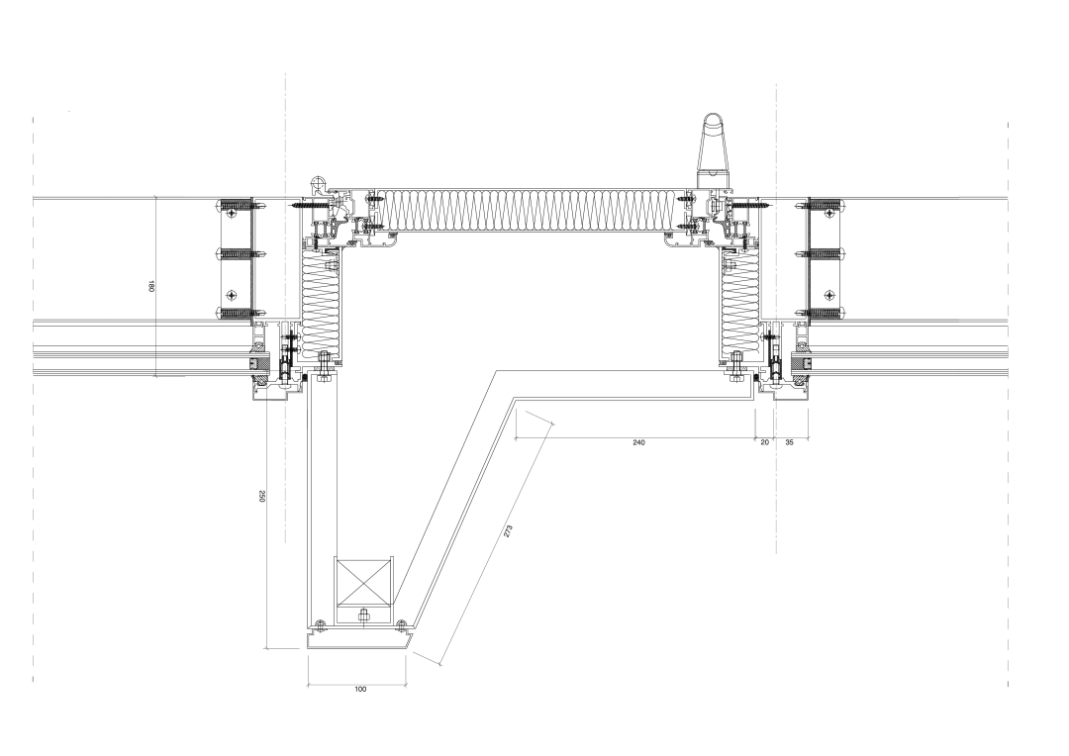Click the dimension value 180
coord(151,286)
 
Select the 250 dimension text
coord(261,497)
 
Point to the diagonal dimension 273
coord(507,531)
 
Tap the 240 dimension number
coord(638,442)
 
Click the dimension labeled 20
coord(764,442)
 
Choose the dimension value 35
coord(790,442)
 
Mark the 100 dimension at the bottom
coord(360,689)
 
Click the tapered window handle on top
coord(713,147)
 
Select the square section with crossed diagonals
coord(362,582)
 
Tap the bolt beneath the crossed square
coord(362,614)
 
